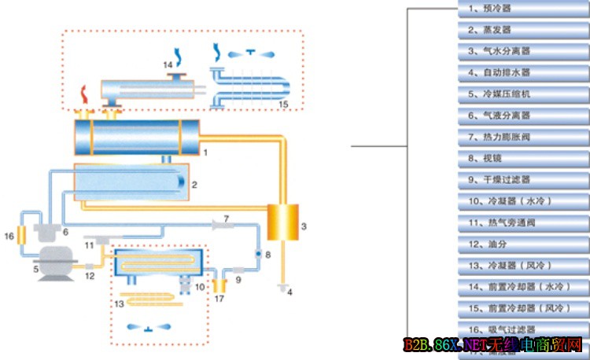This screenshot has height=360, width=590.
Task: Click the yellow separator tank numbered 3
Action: click(278, 222)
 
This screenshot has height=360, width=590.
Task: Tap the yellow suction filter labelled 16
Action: click(24, 234)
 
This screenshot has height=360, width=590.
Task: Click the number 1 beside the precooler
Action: click(205, 149)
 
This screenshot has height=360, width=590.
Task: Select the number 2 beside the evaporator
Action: click(194, 185)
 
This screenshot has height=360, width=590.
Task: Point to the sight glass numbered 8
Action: click(256, 254)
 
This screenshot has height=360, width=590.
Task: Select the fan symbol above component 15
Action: click(251, 53)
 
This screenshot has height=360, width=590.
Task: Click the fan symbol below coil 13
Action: click(150, 327)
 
